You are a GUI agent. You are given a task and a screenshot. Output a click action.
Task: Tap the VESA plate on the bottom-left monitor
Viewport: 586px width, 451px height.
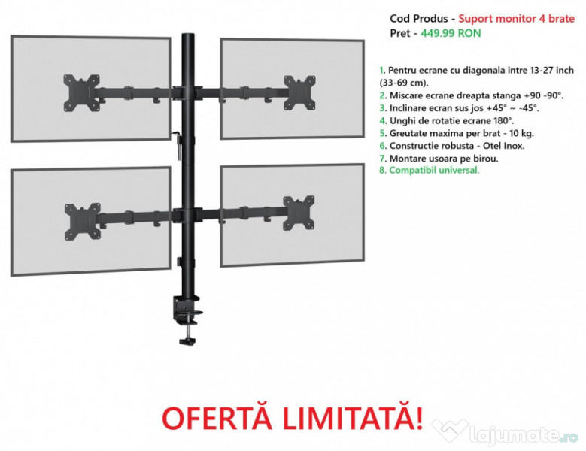(82, 221)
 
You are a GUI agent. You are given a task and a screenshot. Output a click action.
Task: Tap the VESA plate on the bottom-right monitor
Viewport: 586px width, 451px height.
(299, 213)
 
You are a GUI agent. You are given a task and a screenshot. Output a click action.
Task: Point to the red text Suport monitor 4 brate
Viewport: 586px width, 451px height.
(517, 18)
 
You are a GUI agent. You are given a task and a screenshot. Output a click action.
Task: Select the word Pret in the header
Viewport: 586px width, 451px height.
(401, 33)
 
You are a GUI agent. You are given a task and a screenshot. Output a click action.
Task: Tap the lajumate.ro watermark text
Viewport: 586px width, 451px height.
(519, 434)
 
